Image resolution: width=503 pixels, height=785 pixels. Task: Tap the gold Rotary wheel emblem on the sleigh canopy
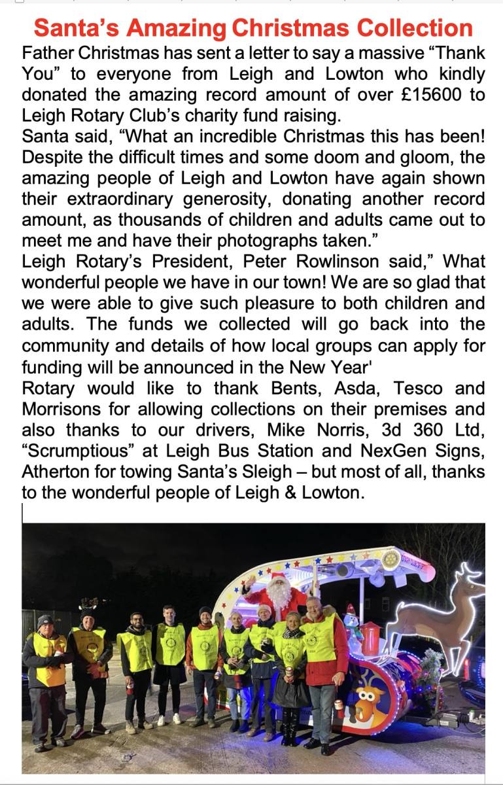point(391,558)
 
